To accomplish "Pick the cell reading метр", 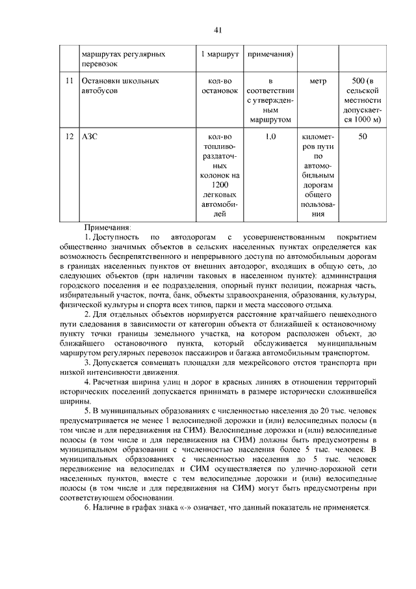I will (318, 81).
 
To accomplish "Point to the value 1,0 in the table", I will (271, 137).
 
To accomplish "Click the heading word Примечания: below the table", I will (107, 227).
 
